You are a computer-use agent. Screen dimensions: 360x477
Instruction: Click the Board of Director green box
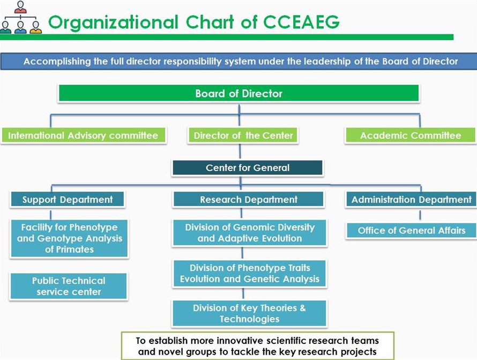[x=238, y=93]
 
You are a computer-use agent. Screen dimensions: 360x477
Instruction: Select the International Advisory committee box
[x=83, y=135]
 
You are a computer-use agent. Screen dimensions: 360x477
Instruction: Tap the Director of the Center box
[x=243, y=135]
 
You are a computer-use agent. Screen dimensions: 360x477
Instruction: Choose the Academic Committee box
[x=410, y=135]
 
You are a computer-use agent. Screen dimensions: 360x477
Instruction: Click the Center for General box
[x=248, y=168]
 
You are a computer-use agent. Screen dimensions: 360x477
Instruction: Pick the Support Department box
[x=68, y=200]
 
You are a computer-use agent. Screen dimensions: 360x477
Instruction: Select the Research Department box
[x=249, y=200]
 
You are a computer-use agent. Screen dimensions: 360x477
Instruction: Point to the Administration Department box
[x=411, y=200]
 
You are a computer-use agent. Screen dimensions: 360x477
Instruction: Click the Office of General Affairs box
[x=411, y=231]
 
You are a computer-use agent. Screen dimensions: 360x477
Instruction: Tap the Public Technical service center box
[x=69, y=286]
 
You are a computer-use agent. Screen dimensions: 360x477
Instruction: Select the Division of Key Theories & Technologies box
[x=249, y=313]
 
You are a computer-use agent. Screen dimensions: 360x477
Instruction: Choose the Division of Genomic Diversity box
[x=249, y=233]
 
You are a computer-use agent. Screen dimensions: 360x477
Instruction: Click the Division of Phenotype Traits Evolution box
[x=249, y=273]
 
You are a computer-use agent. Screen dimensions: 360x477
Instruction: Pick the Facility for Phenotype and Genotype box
[x=69, y=238]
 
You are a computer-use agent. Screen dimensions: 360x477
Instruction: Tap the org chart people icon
[x=21, y=17]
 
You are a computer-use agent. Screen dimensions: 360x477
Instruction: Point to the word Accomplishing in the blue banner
[x=57, y=61]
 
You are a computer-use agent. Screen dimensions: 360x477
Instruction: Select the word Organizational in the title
[x=113, y=22]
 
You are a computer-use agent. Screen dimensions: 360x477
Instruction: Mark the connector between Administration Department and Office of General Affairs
[x=420, y=215]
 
